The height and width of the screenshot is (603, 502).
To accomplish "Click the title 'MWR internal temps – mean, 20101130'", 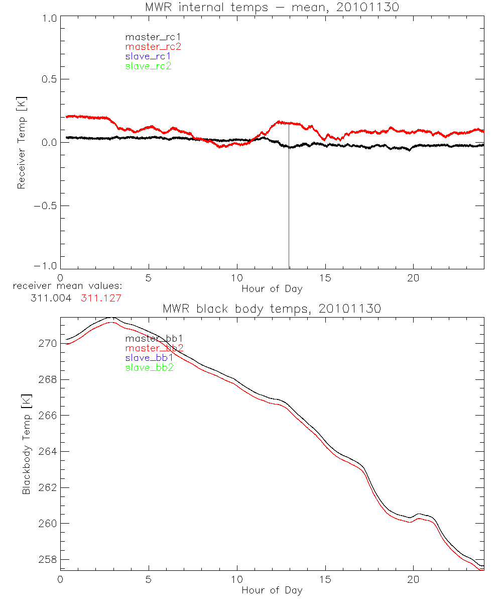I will tap(272, 8).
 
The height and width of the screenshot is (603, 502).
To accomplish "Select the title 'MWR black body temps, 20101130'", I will tap(272, 309).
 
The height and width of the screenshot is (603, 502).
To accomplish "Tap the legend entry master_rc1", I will tap(148, 37).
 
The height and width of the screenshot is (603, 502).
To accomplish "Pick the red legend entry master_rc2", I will tap(153, 47).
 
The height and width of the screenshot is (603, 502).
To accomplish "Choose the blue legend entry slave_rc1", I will tap(148, 56).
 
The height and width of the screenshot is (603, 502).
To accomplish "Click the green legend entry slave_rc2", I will tap(148, 66).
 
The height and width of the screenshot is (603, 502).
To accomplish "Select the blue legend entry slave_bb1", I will tap(150, 358).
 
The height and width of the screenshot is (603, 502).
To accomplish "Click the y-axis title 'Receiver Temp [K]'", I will tap(21, 142).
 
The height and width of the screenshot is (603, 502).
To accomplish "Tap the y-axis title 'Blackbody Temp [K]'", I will tap(26, 444).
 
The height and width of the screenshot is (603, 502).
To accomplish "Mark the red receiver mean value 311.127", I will tap(101, 298).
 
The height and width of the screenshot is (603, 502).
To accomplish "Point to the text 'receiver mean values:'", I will tap(67, 286).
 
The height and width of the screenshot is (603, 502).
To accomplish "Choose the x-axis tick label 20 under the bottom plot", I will tap(414, 580).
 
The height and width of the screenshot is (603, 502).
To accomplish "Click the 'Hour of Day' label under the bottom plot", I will tap(272, 590).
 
